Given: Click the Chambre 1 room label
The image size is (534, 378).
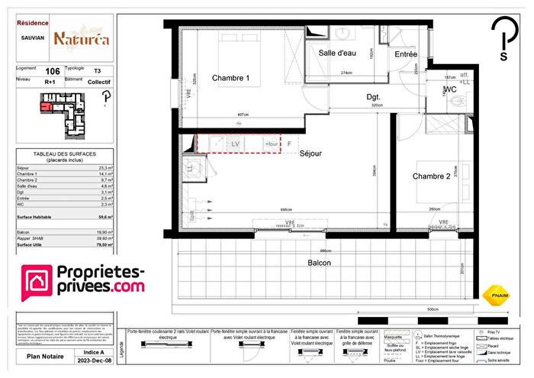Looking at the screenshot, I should coord(230,78).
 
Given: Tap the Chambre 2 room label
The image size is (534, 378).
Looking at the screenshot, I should coord(433,176).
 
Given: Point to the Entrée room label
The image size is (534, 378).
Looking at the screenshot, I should coord(405,54).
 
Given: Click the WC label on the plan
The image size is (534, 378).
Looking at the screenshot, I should coord(449,90).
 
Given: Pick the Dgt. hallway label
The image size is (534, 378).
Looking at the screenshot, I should coord(373,97).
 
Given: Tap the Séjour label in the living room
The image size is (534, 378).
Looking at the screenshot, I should coord(310,153).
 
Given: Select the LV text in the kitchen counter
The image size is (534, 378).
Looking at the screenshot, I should coord(236,143).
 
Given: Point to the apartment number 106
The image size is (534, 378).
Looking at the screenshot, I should coord(53,70).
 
